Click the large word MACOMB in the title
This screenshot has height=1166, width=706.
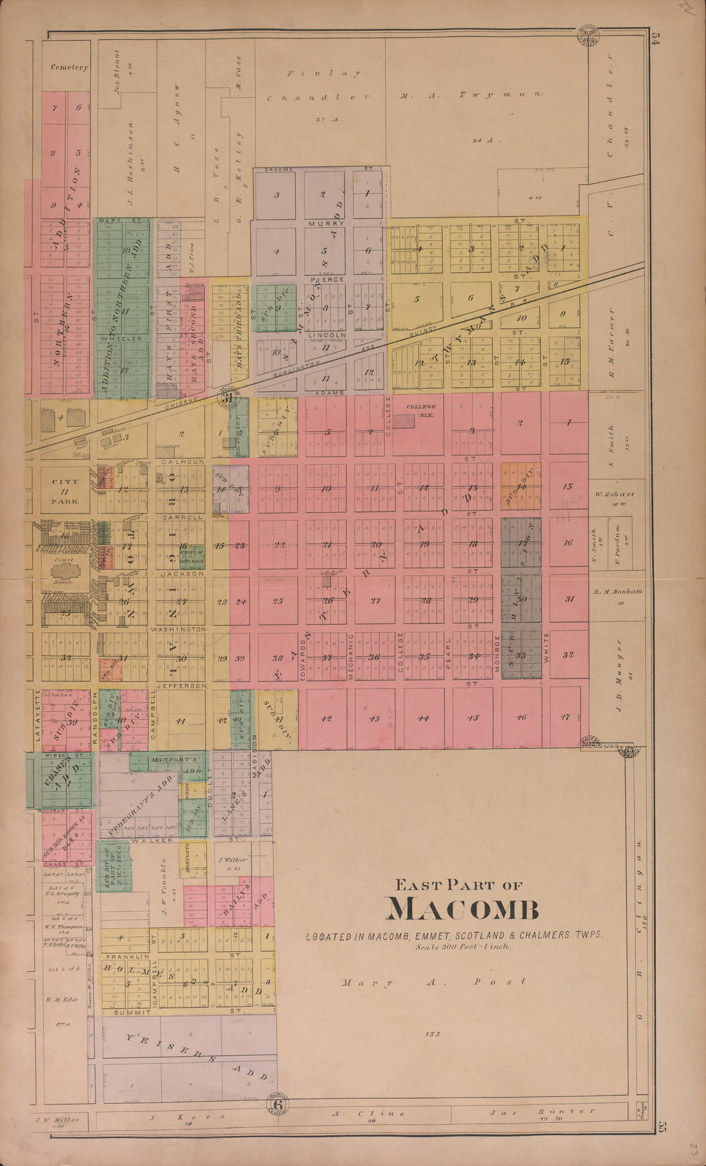click(x=462, y=909)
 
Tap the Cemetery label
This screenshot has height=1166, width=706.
click(x=69, y=67)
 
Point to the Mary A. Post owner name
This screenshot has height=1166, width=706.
click(x=434, y=981)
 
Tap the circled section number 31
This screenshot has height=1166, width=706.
click(x=228, y=400)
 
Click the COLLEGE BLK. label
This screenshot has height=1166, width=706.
click(x=420, y=407)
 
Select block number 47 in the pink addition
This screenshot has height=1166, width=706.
click(x=565, y=717)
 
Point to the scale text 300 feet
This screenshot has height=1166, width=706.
click(x=461, y=947)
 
